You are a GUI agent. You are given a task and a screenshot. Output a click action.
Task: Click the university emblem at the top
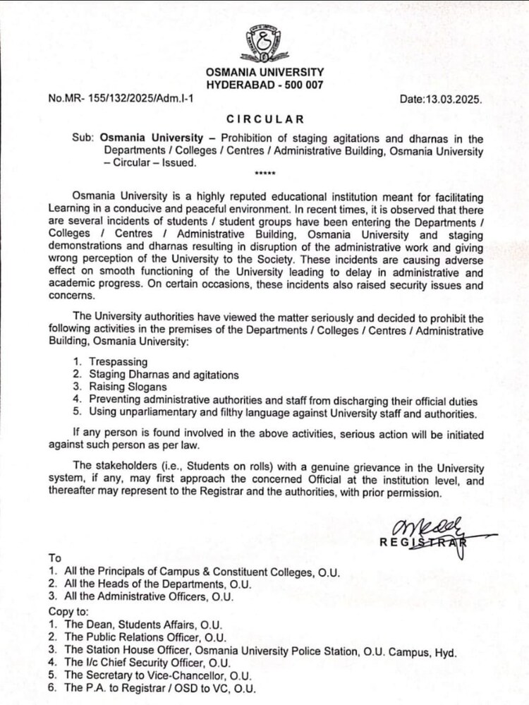(x=264, y=42)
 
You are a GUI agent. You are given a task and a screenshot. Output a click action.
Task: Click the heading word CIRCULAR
(x=265, y=119)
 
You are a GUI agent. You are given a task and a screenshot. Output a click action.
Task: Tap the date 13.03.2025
(x=454, y=100)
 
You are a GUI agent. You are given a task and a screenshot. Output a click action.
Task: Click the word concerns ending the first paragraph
(x=69, y=296)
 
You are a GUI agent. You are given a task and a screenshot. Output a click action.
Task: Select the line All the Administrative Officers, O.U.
(x=155, y=596)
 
